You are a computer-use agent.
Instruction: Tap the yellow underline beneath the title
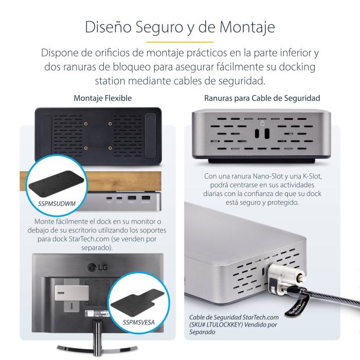179,42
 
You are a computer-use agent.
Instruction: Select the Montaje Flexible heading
102,98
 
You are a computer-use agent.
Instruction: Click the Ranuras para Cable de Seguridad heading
262,98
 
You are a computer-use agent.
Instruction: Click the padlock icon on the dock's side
262,123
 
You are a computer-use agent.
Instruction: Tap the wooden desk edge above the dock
93,180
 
